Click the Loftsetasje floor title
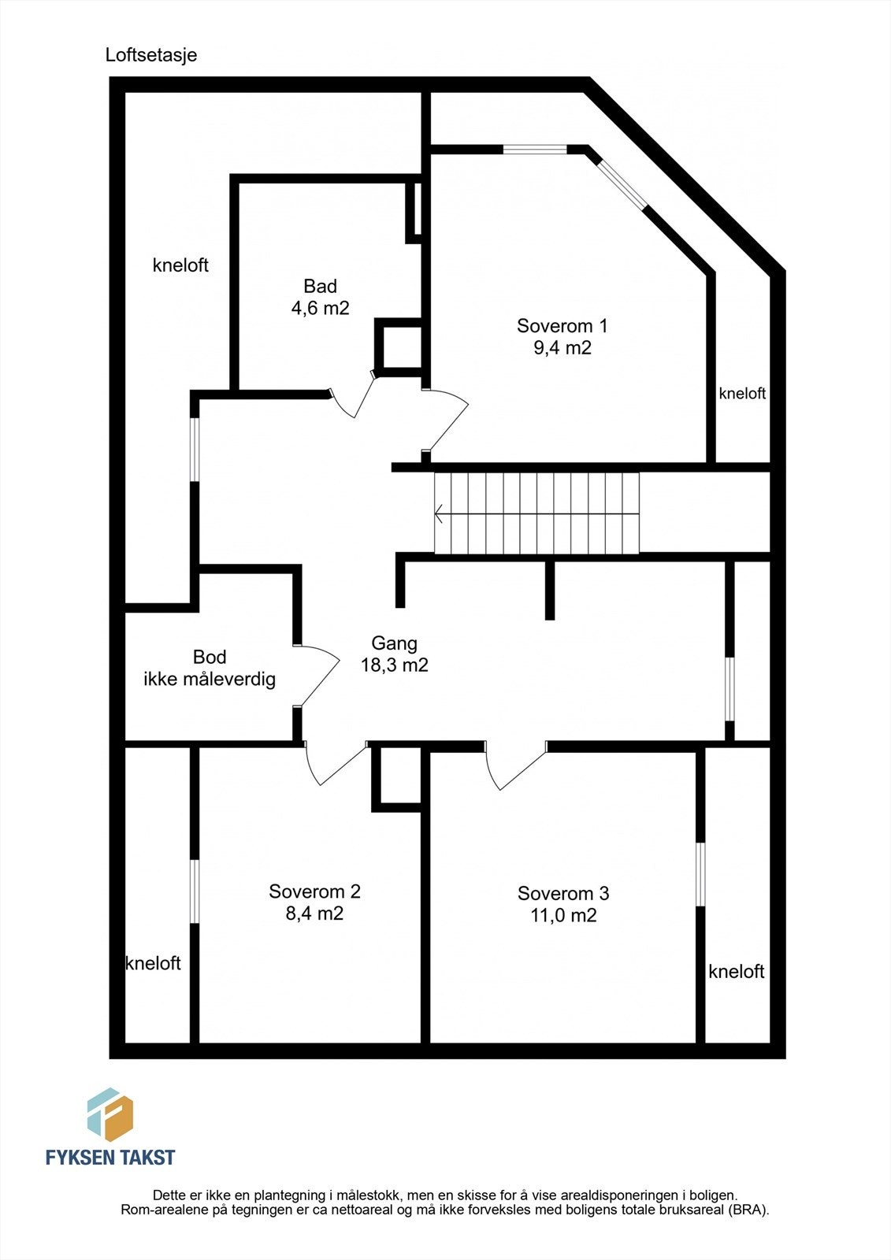(x=150, y=55)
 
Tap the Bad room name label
(x=321, y=286)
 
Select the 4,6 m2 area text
(x=321, y=308)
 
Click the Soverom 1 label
(x=562, y=326)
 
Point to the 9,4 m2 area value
(x=562, y=347)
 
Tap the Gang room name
(x=394, y=643)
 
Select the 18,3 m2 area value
(x=394, y=665)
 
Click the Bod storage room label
(x=210, y=657)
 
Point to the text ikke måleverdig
(x=210, y=680)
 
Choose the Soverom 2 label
(x=314, y=891)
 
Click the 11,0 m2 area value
(x=562, y=915)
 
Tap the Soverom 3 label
(x=562, y=893)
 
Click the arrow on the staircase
(x=536, y=513)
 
